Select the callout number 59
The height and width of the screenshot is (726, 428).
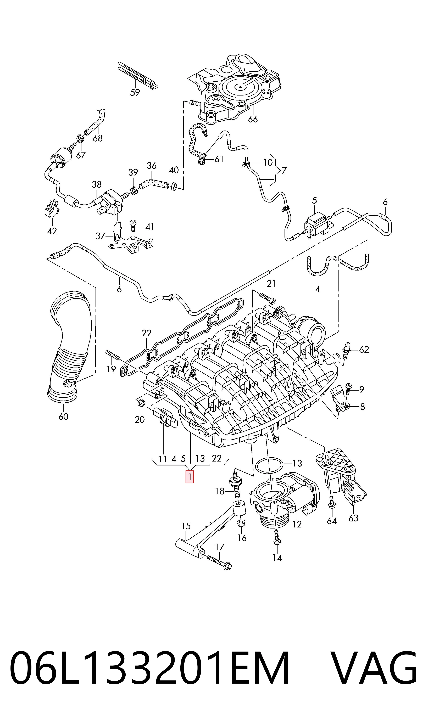tap(135, 93)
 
